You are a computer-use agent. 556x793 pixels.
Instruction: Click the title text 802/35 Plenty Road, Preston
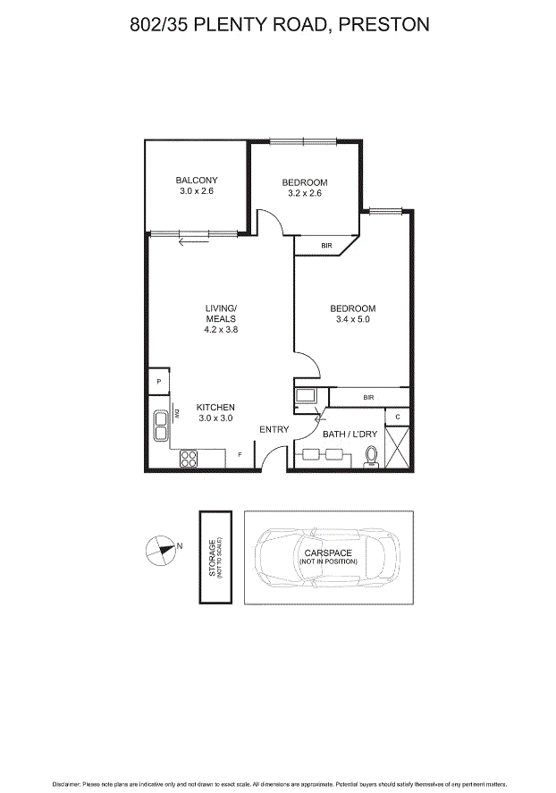point(278,24)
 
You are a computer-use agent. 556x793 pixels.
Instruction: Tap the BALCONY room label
point(196,181)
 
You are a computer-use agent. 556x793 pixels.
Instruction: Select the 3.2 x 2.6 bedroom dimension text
point(304,193)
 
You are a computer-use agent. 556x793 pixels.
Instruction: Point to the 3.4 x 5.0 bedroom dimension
point(352,319)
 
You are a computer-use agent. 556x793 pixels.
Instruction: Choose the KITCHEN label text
point(215,407)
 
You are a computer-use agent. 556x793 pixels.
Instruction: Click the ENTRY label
point(274,430)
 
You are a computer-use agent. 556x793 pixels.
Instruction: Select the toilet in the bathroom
point(371,457)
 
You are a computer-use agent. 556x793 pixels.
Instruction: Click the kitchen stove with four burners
point(190,459)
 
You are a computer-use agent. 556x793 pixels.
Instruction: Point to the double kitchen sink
point(161,425)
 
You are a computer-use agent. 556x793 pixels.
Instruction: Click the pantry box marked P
point(158,382)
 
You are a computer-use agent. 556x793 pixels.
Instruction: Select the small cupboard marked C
point(397,418)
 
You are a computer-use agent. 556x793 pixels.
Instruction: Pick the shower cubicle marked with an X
point(398,448)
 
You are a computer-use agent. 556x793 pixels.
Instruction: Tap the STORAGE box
point(215,557)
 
